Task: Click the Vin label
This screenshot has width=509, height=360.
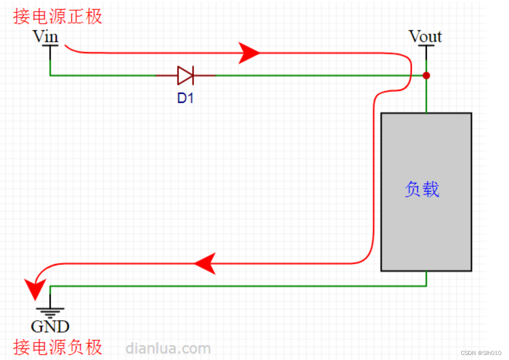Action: pos(45,37)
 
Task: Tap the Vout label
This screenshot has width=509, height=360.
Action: pos(425,37)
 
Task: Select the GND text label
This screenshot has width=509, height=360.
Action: pos(50,326)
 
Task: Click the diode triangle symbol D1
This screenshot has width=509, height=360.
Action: pos(185,76)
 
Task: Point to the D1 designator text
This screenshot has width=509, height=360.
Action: pos(185,98)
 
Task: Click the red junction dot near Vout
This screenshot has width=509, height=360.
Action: pos(426,76)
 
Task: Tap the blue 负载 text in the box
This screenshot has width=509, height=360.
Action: pos(422,190)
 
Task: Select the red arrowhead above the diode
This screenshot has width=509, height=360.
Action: pos(249,53)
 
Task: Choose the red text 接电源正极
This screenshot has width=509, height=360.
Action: pos(58,17)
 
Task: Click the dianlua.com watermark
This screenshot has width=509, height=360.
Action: pos(168,348)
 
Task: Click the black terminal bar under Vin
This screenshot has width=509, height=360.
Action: pos(50,46)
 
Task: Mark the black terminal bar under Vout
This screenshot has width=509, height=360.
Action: pos(426,46)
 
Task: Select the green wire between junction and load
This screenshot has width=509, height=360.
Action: pos(426,95)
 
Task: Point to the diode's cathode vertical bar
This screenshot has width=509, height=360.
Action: pos(193,76)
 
